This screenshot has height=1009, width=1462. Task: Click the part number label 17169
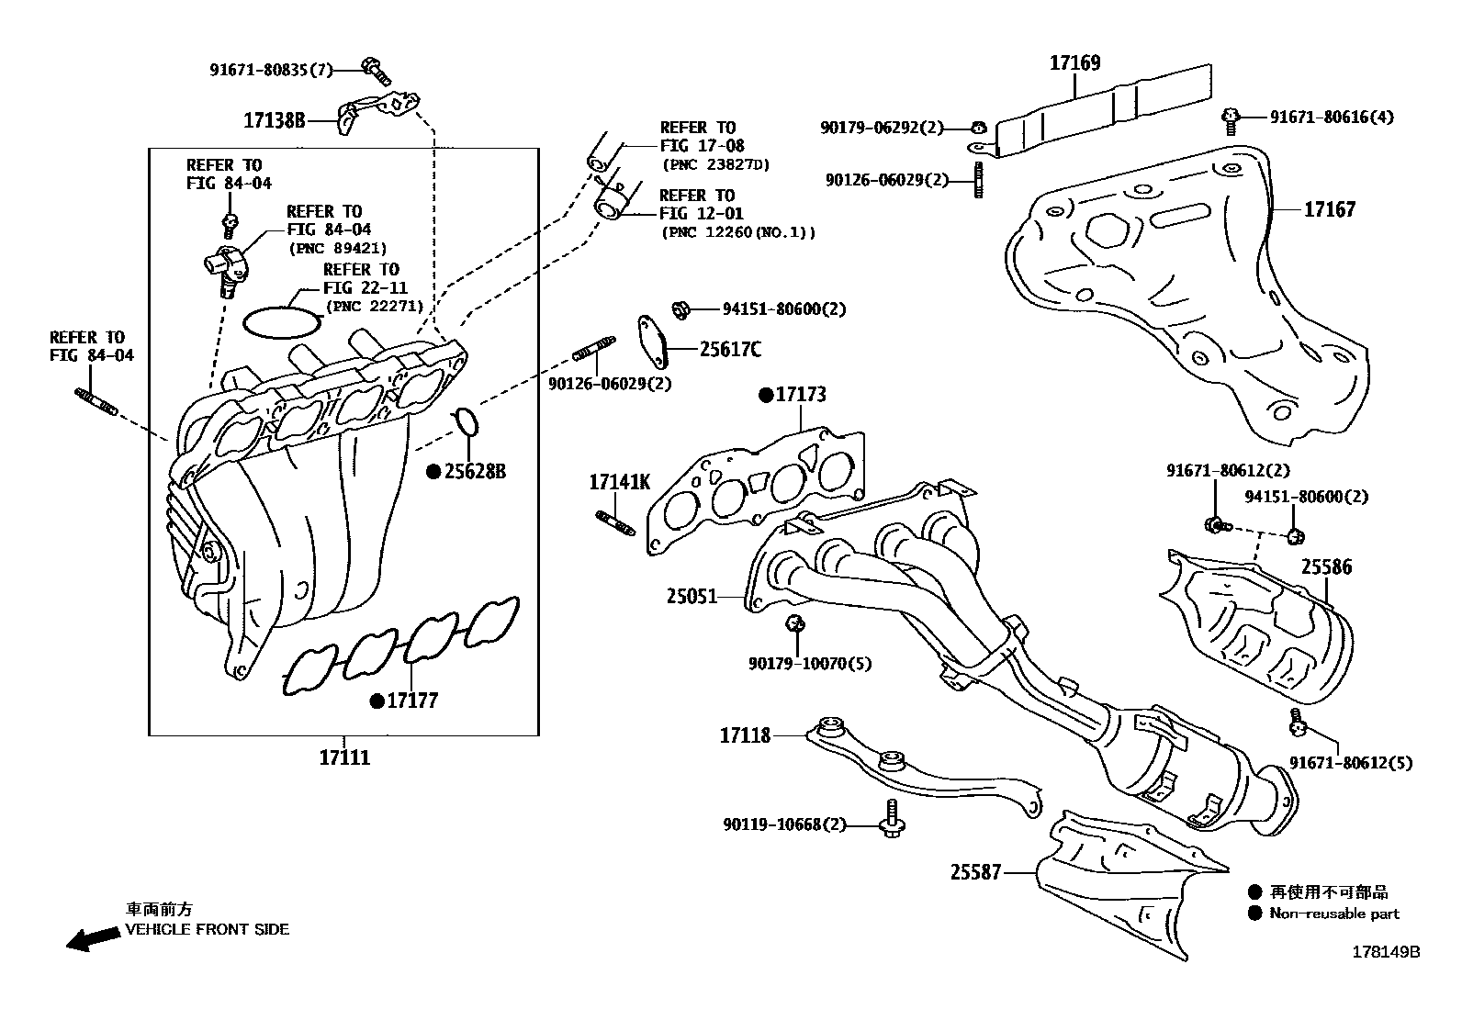1074,63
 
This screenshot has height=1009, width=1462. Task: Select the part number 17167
1329,210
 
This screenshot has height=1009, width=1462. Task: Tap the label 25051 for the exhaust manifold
692,597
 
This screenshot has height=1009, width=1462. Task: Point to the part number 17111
344,758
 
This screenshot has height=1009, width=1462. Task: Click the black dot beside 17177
377,701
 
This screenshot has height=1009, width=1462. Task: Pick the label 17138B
274,119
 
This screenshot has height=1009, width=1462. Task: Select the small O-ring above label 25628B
467,420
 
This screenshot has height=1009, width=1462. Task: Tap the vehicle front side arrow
92,938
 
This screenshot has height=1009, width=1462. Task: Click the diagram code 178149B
1385,952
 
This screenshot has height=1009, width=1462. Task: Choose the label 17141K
619,482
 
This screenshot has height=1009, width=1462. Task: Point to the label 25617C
730,350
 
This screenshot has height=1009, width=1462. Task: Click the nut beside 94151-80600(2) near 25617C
681,309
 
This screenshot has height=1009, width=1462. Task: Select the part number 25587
975,872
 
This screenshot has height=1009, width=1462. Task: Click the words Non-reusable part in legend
1333,914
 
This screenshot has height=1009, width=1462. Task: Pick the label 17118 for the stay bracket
745,735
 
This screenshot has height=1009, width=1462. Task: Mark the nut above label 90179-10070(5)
795,624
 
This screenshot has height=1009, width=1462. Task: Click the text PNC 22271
373,307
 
